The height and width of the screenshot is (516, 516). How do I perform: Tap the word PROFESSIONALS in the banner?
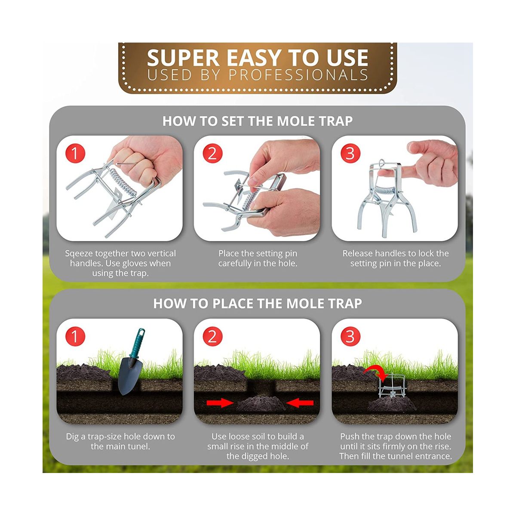(298, 75)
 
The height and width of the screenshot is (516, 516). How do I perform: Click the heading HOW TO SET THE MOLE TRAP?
(258, 121)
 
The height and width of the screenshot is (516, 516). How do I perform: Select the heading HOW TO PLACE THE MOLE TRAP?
(258, 304)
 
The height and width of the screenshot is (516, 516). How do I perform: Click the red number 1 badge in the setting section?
(75, 153)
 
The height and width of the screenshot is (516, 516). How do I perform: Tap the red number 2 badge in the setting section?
(212, 153)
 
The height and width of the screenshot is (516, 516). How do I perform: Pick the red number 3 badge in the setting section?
(350, 153)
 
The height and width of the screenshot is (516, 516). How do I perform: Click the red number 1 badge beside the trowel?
(75, 336)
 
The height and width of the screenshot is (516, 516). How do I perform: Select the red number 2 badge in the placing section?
(212, 336)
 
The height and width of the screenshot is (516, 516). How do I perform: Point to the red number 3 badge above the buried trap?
(350, 336)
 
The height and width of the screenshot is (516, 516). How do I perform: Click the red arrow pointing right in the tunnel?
(220, 403)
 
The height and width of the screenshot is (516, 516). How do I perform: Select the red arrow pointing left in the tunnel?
(300, 403)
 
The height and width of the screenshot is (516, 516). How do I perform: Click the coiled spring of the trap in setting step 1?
(123, 182)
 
